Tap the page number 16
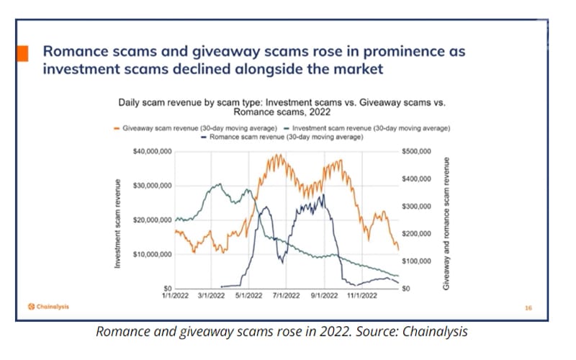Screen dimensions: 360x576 [528, 308]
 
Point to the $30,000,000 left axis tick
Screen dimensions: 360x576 [152, 186]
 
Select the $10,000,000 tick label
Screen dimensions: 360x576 [152, 254]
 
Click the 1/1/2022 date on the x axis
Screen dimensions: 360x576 [175, 295]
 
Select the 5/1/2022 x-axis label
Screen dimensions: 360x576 [248, 295]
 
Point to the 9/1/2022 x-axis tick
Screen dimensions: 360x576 [323, 295]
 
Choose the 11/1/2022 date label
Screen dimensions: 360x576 [361, 295]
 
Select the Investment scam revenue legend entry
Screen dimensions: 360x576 [368, 128]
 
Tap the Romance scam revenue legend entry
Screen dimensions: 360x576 [281, 136]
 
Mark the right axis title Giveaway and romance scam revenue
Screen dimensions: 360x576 [446, 223]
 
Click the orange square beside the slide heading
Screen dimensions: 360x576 [23, 54]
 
